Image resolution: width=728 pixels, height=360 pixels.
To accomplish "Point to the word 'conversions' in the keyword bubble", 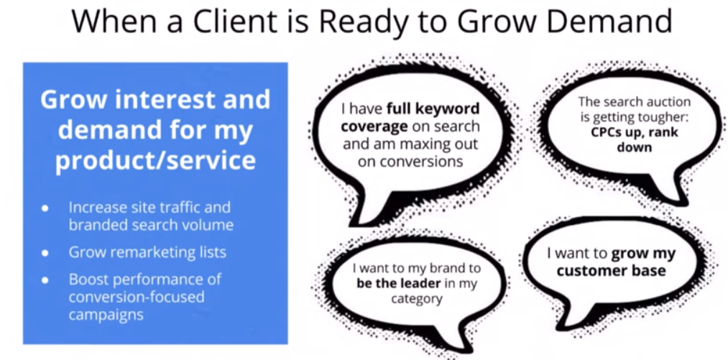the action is click(x=411, y=161).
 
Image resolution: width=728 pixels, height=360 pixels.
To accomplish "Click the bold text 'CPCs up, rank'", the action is click(x=635, y=132).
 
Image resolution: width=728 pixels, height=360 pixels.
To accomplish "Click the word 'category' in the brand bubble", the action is click(x=416, y=298).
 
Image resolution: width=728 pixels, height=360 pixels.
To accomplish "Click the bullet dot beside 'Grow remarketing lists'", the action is click(x=45, y=253).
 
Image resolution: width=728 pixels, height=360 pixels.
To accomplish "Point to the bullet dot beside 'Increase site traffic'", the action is click(x=45, y=208).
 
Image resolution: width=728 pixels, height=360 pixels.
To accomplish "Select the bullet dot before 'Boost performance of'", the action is click(x=45, y=280).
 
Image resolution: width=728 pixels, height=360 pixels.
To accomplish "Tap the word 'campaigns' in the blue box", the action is click(x=106, y=315).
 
